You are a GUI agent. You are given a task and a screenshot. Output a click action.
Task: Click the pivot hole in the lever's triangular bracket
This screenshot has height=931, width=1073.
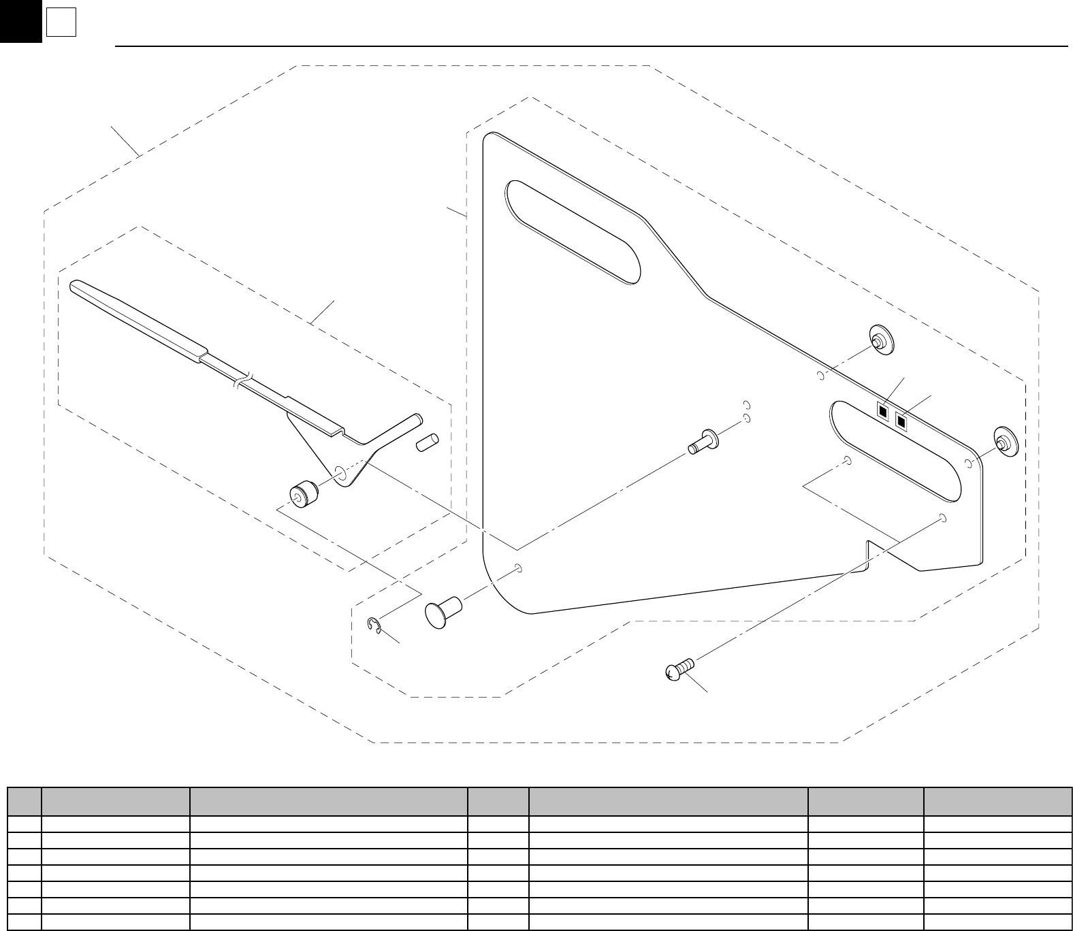(x=339, y=472)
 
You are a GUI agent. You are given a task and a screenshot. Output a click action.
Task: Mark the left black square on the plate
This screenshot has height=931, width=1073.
(x=883, y=411)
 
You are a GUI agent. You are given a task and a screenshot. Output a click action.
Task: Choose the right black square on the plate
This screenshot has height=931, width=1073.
(x=902, y=422)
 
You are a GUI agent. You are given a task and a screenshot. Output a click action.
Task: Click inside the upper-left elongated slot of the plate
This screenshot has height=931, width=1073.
(x=572, y=231)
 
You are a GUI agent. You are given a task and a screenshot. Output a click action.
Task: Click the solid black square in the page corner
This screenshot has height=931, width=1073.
(x=20, y=20)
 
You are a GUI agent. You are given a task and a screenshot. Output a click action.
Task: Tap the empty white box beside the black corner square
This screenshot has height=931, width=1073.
(x=61, y=24)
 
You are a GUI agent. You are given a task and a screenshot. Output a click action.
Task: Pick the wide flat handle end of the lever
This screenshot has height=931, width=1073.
(x=136, y=316)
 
